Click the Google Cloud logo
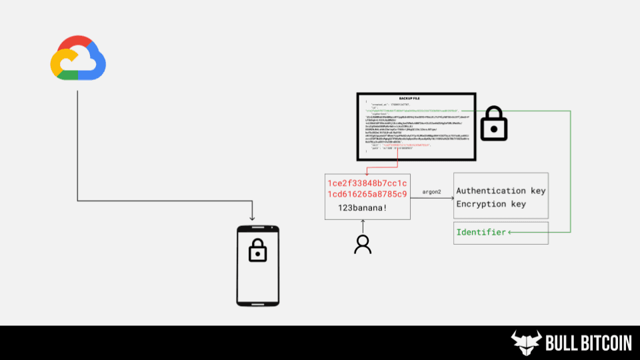pos(78,58)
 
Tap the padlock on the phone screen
pos(257,251)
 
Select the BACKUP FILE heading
pos(409,98)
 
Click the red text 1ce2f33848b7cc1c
pos(367,183)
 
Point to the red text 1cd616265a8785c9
pos(367,194)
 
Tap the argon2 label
pos(432,192)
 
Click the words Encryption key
pos(491,204)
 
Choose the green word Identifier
pos(481,232)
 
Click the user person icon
pos(363,245)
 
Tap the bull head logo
pos(526,343)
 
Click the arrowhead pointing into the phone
pos(252,218)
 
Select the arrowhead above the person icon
pos(363,223)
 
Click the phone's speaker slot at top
pos(257,230)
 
